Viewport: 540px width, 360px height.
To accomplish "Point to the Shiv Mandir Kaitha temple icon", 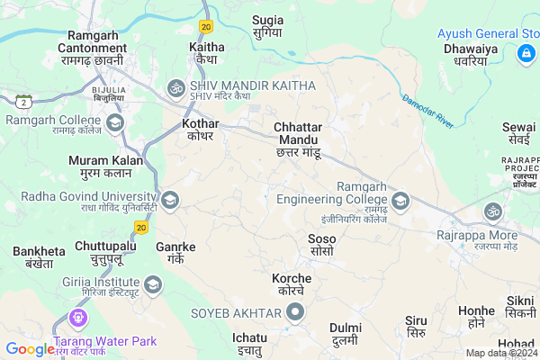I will coord(175,88).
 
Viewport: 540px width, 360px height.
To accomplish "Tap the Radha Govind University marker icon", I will coord(168,199).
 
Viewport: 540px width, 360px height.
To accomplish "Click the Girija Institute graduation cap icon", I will coord(153,286).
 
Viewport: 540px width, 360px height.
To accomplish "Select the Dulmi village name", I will coord(346,334).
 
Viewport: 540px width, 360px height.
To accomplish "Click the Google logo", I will coord(30,348).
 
